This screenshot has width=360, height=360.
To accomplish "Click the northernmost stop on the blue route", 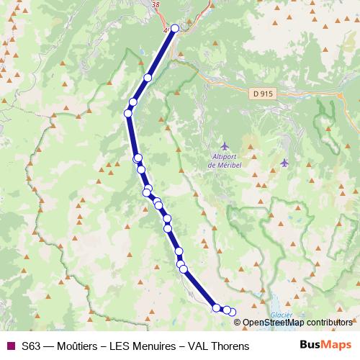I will [x=175, y=29].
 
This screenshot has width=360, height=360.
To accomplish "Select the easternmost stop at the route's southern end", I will [x=232, y=312].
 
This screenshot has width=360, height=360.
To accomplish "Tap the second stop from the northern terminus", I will [x=148, y=78].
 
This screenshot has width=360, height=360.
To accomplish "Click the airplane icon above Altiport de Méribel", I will [x=224, y=146].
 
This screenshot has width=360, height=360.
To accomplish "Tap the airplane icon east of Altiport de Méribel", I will [x=285, y=162].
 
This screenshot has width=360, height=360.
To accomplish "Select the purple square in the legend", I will [x=10, y=346].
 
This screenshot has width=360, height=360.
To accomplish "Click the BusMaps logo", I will [x=325, y=346].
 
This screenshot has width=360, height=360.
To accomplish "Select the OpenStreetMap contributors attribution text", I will [x=302, y=323].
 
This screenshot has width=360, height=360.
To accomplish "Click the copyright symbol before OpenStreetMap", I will [x=238, y=323].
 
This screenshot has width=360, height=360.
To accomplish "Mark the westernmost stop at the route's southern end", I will [x=216, y=308].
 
